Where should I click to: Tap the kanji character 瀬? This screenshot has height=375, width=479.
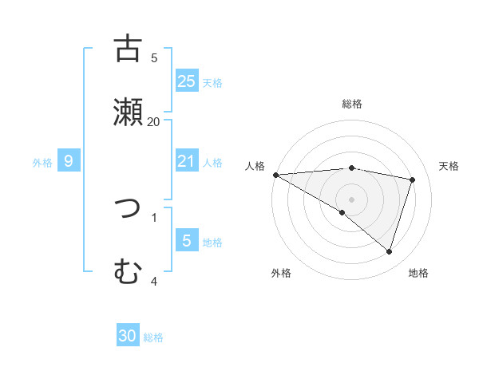click(x=128, y=112)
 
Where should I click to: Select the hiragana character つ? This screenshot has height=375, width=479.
click(x=128, y=209)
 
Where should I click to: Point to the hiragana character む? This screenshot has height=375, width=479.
click(x=128, y=272)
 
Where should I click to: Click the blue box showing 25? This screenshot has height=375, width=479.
click(x=187, y=81)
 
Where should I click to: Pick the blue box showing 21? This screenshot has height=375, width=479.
click(x=187, y=161)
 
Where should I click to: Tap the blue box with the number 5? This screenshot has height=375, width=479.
click(x=187, y=241)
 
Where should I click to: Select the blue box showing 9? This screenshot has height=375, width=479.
click(x=69, y=161)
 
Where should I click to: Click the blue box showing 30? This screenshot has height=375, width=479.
click(x=128, y=336)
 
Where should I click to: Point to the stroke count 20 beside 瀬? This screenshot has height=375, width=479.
click(x=154, y=121)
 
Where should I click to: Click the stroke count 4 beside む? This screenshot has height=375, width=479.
click(x=154, y=281)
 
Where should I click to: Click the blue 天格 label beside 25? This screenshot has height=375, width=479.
click(x=212, y=82)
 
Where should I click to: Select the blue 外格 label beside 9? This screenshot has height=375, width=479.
click(x=42, y=163)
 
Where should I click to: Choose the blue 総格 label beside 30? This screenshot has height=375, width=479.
click(x=153, y=337)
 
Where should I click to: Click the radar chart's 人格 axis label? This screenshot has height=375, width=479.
click(x=255, y=166)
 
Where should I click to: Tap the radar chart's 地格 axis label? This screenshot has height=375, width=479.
click(x=418, y=273)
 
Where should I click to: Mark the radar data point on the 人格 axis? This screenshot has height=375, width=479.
click(x=275, y=174)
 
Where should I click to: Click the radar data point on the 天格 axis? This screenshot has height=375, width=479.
click(x=413, y=180)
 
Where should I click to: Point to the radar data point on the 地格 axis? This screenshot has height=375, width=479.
click(x=389, y=251)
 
